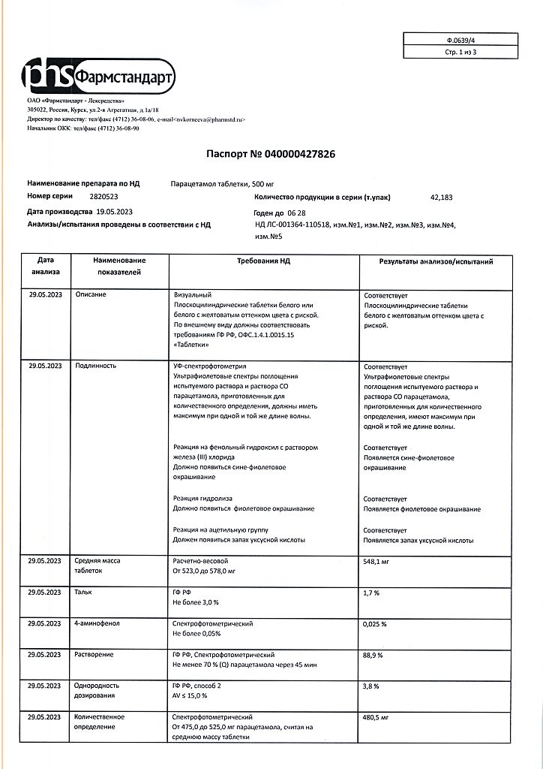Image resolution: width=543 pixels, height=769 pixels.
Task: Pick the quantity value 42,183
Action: [x=441, y=198]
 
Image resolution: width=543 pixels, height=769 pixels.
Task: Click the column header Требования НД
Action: [x=263, y=263]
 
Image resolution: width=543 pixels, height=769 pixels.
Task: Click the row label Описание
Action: [x=91, y=294]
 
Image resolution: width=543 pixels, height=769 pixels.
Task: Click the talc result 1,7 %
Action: [x=371, y=593]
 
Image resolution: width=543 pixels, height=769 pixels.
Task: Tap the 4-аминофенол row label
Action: [x=97, y=623]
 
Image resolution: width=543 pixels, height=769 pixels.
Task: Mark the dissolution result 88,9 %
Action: [x=373, y=656]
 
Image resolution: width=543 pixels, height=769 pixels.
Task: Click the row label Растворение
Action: [x=94, y=655]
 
